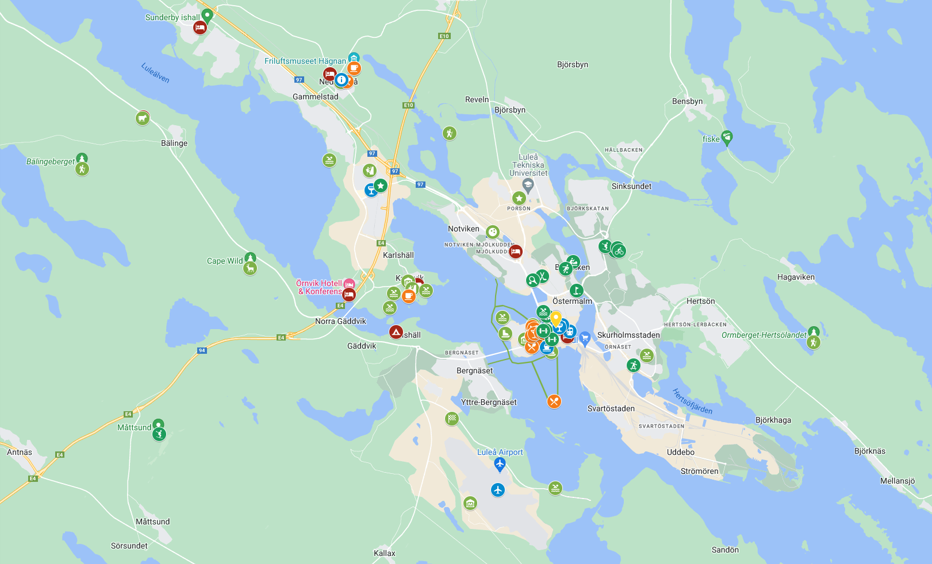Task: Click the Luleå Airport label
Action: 500,452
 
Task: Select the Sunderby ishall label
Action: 172,17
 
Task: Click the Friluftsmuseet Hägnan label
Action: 305,61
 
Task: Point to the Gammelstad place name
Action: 315,96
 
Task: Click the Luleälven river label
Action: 155,73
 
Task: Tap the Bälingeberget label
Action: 51,161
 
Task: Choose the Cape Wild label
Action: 225,261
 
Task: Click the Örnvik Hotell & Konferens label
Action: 319,287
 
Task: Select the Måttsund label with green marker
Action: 135,427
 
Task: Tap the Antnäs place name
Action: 20,452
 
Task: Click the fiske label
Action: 711,139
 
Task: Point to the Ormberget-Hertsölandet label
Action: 764,335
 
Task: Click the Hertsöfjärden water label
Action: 692,401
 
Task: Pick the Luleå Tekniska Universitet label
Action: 528,165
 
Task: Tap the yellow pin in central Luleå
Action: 555,318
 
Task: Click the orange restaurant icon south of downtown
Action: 554,401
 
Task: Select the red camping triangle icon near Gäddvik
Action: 396,332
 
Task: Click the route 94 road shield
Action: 202,350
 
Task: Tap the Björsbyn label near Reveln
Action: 510,110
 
